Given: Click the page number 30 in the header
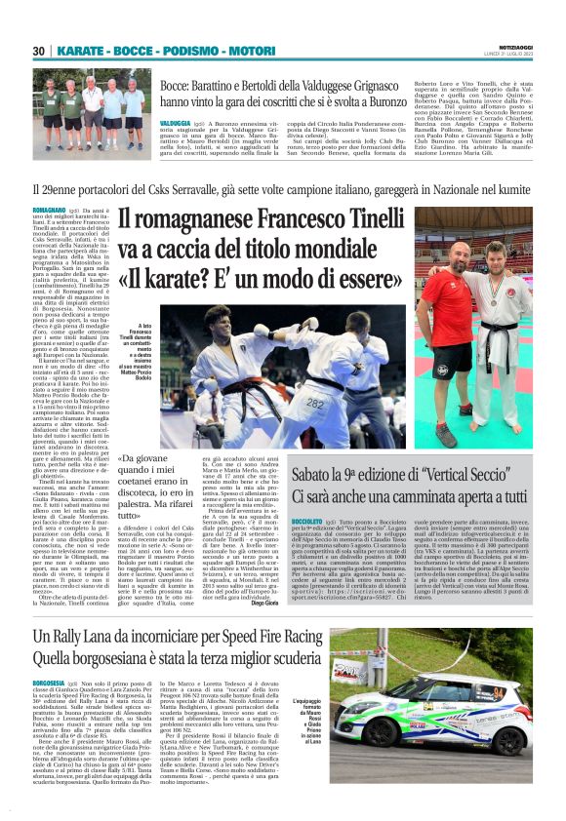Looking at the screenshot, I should (x=40, y=51).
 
